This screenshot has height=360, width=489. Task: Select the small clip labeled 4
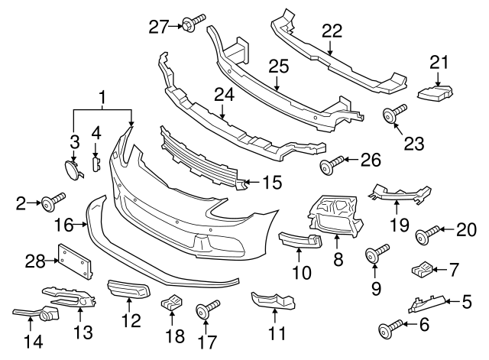(x=96, y=163)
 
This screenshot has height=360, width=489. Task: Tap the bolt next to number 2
(x=53, y=203)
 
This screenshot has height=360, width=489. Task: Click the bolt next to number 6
(x=389, y=329)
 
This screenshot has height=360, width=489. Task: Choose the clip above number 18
(x=172, y=303)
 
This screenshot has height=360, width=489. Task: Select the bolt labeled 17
(x=206, y=311)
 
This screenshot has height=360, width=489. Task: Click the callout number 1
(x=102, y=97)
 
